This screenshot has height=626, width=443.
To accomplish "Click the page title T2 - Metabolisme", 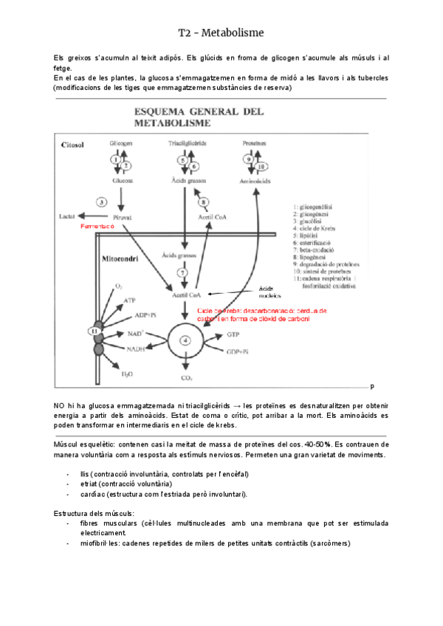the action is (221, 32).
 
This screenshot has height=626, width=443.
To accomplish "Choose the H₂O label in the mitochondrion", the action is (127, 374).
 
